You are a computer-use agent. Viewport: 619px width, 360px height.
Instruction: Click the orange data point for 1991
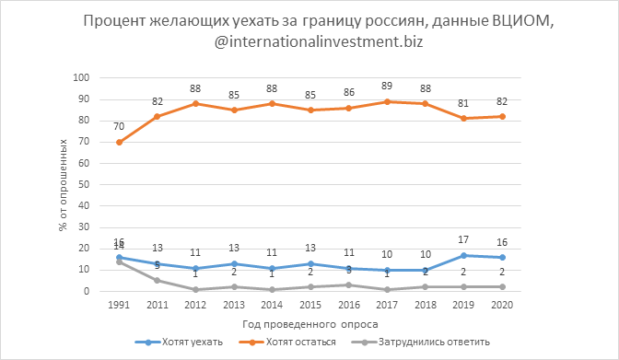tap(120, 142)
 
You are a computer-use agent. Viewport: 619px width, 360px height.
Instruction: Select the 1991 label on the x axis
tap(120, 306)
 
